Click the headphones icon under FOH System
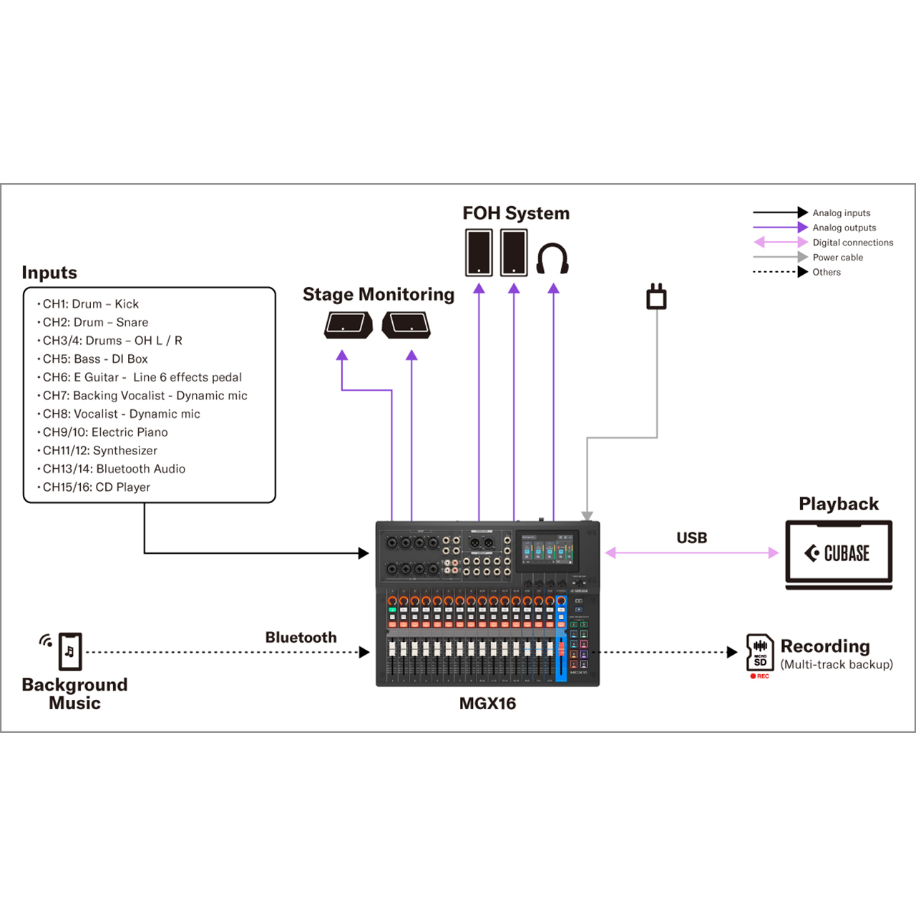click(x=552, y=258)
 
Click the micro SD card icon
click(x=759, y=653)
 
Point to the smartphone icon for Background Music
click(x=70, y=651)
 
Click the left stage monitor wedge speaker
click(x=348, y=325)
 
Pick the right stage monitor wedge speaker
click(x=406, y=325)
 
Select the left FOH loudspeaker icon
click(x=479, y=253)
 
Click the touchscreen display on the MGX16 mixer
click(x=547, y=550)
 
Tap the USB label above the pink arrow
click(x=691, y=538)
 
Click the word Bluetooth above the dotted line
click(x=301, y=638)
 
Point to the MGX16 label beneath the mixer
click(x=487, y=703)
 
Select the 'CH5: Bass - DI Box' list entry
click(x=95, y=359)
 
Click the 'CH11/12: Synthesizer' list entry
click(x=99, y=451)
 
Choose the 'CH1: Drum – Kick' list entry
click(x=91, y=304)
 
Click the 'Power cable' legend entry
click(x=837, y=258)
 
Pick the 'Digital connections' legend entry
click(x=852, y=243)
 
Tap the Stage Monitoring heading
click(x=378, y=295)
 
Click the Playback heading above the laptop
click(x=838, y=504)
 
